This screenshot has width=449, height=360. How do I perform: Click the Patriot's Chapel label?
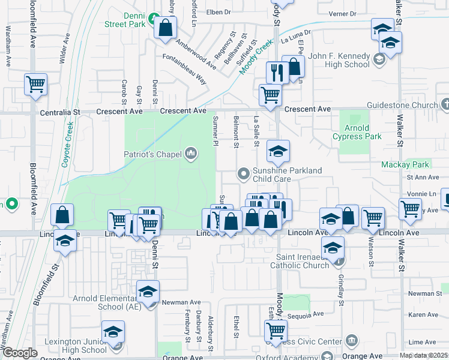152,154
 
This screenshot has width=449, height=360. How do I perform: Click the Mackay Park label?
405,164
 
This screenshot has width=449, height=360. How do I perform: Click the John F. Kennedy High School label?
339,61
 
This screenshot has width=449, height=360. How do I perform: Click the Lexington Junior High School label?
82,346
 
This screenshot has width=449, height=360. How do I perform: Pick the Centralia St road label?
60,112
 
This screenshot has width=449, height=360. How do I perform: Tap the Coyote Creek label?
67,144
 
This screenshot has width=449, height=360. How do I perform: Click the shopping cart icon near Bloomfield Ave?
36,84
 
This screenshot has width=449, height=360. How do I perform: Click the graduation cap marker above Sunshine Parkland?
278,152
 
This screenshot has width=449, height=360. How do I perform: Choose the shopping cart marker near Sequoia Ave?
276,329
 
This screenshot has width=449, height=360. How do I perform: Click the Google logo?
20,353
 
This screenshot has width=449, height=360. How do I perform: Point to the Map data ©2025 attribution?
423,355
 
